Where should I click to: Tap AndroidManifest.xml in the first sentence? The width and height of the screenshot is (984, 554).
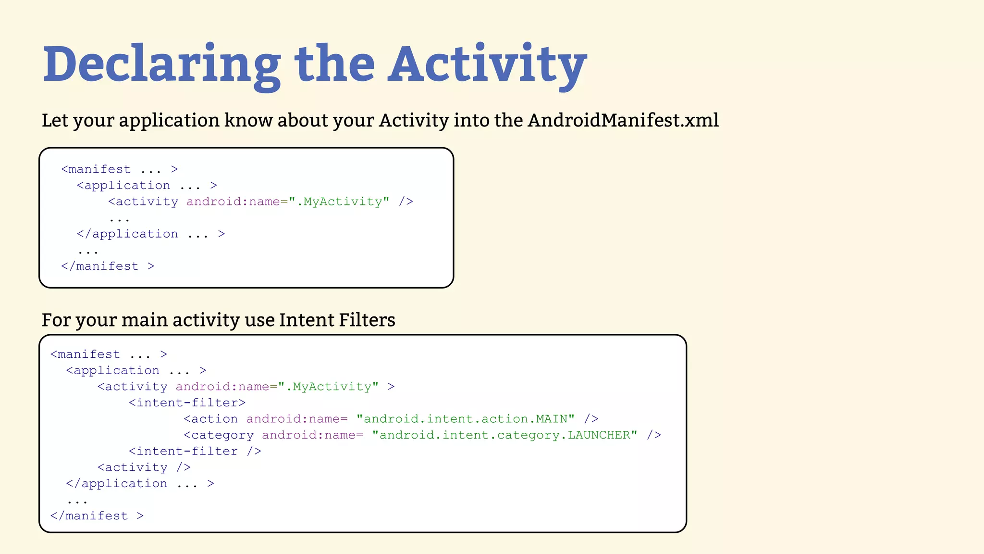pyautogui.click(x=623, y=120)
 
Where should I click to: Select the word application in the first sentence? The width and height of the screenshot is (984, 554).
pyautogui.click(x=169, y=120)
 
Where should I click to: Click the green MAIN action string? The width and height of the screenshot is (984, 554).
pyautogui.click(x=465, y=419)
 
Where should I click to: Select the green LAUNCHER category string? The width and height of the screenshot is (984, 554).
pyautogui.click(x=504, y=435)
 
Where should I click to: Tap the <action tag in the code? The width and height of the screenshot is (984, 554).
pyautogui.click(x=210, y=419)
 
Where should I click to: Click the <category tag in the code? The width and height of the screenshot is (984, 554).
pyautogui.click(x=219, y=435)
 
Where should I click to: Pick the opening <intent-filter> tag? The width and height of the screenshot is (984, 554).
pyautogui.click(x=187, y=403)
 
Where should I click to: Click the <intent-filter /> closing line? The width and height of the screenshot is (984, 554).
pyautogui.click(x=195, y=451)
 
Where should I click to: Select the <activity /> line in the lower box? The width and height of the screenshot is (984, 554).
pyautogui.click(x=144, y=467)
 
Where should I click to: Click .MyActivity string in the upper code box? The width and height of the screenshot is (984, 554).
pyautogui.click(x=339, y=201)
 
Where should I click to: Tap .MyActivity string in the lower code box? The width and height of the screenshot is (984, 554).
pyautogui.click(x=328, y=387)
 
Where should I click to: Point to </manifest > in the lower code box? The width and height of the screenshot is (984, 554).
pyautogui.click(x=97, y=516)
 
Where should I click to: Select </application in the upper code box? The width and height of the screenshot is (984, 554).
pyautogui.click(x=127, y=234)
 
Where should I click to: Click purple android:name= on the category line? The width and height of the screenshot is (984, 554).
pyautogui.click(x=312, y=435)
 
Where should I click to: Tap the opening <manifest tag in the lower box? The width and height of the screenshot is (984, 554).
pyautogui.click(x=85, y=354)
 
